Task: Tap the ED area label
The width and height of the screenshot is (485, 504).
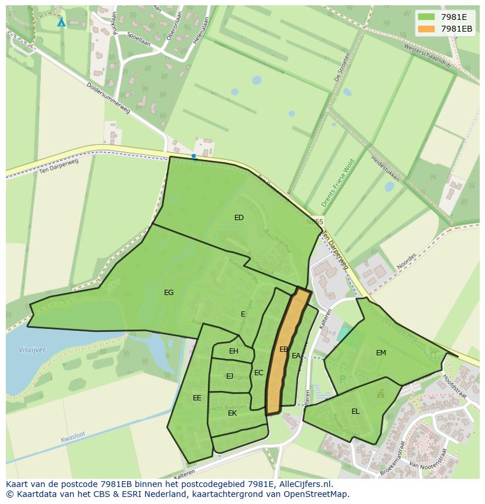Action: [x=239, y=218]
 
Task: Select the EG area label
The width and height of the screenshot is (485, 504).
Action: [x=169, y=293]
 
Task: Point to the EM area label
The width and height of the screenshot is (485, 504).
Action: [x=381, y=353]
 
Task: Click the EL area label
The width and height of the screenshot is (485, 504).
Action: [x=356, y=412]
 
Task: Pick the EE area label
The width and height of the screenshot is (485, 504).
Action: [x=197, y=398]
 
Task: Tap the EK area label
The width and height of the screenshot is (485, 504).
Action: [x=233, y=413]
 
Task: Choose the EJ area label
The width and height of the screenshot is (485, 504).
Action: [x=230, y=376]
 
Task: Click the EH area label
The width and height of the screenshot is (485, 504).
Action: [x=234, y=351]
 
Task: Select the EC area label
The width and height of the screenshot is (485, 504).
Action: [x=258, y=373]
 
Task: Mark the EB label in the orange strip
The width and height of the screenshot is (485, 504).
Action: [x=284, y=349]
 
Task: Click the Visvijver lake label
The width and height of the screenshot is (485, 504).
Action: [x=32, y=350]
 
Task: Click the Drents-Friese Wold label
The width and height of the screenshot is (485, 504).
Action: [x=338, y=183]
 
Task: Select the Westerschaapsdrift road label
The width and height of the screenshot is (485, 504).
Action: [x=428, y=56]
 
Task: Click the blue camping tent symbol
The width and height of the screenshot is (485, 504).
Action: [x=62, y=22]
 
